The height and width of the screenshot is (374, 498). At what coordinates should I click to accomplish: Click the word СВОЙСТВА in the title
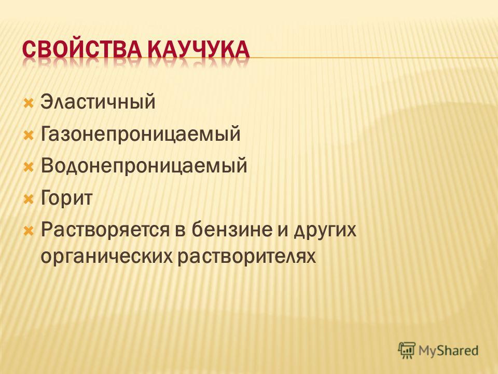80,50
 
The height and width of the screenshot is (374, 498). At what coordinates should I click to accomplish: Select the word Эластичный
98,102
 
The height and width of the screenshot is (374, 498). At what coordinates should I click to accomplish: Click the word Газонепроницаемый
141,133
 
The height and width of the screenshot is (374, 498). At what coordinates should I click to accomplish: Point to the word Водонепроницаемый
144,165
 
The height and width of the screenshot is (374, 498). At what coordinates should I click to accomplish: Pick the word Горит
66,198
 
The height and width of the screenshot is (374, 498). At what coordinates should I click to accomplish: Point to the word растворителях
246,256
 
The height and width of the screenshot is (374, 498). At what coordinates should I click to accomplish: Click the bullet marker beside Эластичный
28,104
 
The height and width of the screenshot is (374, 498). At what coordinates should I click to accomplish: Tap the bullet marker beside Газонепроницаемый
28,136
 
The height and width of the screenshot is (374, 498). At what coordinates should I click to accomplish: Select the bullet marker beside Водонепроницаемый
28,167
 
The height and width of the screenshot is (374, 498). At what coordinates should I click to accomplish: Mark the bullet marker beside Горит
28,199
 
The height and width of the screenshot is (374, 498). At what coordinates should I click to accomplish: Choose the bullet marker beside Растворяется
28,231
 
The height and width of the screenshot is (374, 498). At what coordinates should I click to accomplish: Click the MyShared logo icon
407,351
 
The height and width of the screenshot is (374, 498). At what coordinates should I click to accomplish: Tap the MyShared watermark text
448,351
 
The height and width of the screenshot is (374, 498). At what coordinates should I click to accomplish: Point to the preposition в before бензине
181,231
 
